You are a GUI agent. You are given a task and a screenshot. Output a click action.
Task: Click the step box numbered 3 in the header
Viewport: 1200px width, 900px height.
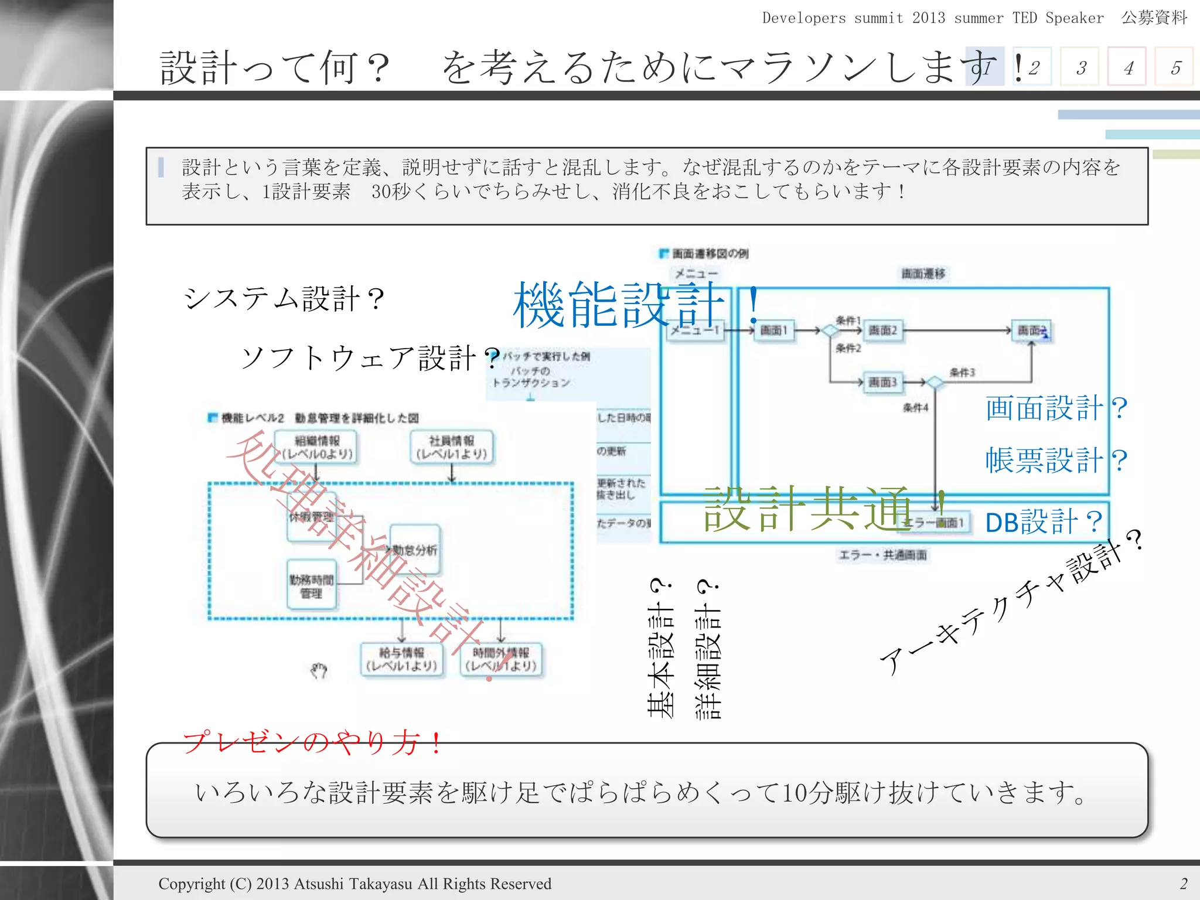1079,67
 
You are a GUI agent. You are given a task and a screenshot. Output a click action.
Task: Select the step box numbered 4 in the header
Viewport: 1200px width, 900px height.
1126,67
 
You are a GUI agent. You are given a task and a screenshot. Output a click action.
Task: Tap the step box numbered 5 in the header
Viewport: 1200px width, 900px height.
1174,67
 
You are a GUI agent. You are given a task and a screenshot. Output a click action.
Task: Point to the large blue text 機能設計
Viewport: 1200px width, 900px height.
618,305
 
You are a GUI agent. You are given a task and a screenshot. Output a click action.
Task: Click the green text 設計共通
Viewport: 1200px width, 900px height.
809,509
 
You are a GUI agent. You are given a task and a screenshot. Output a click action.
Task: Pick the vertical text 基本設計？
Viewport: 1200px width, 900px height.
661,648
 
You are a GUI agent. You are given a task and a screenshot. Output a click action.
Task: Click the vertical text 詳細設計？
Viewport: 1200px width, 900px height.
708,649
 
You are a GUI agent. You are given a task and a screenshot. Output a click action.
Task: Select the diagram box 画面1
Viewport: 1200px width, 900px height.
773,330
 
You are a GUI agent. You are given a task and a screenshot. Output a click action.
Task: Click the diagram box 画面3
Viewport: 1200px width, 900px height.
882,383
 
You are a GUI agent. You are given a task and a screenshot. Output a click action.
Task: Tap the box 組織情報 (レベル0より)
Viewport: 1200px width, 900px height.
317,447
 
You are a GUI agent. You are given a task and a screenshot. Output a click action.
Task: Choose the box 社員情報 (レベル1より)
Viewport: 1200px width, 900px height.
451,447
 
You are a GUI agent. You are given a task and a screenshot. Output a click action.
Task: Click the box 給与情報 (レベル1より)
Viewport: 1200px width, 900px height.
402,659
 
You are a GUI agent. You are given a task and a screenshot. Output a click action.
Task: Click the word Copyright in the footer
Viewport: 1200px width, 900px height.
192,884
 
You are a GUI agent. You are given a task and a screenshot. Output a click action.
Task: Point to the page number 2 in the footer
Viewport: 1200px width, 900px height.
1184,884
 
